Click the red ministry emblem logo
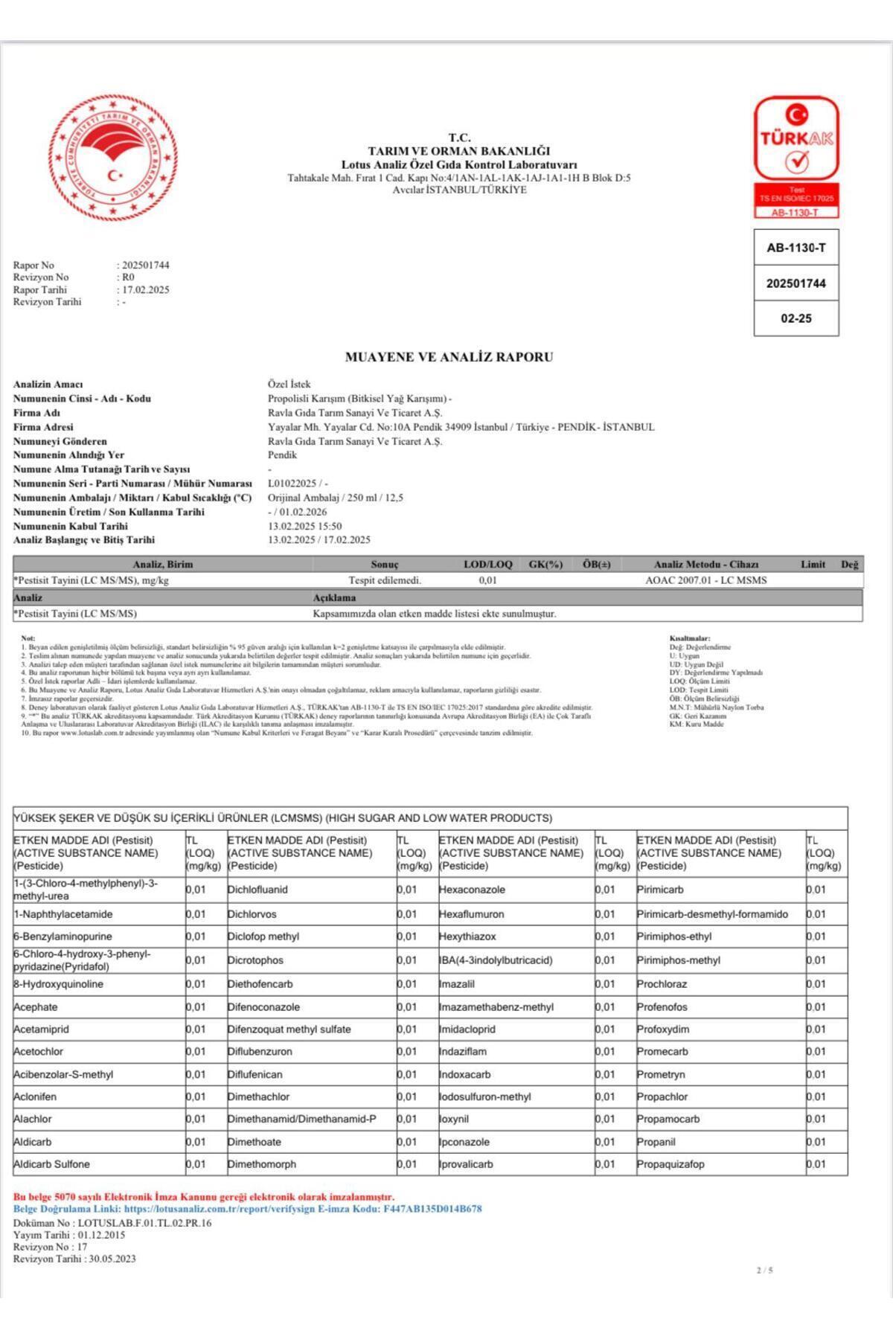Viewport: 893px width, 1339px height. [113, 158]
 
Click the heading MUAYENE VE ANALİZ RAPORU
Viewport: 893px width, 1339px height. [449, 357]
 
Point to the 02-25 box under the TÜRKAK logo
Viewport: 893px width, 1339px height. [796, 318]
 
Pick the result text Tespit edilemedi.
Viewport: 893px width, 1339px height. [385, 580]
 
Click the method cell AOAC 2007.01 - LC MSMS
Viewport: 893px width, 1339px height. [705, 580]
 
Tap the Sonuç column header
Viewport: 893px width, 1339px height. [385, 565]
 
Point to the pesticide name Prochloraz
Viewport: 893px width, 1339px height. [662, 984]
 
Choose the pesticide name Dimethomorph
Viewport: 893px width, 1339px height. [262, 1164]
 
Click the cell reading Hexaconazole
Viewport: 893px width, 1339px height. [472, 890]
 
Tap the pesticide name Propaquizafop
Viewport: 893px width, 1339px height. [670, 1164]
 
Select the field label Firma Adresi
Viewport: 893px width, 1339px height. [43, 427]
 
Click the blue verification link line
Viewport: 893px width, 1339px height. [247, 1209]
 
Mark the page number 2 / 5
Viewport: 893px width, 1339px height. [764, 1270]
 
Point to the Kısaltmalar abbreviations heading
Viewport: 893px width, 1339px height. [690, 638]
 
